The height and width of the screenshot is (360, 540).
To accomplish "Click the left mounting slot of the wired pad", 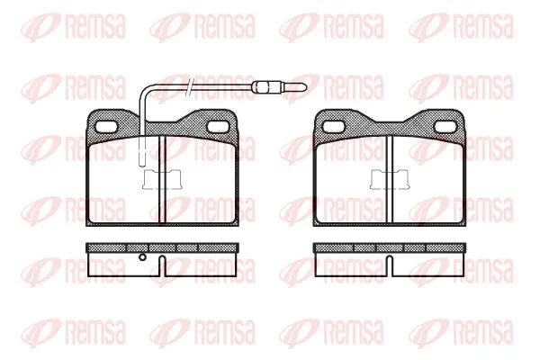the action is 106,127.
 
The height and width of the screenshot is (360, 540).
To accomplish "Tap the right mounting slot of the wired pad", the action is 219,127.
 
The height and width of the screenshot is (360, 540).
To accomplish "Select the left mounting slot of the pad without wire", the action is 334,127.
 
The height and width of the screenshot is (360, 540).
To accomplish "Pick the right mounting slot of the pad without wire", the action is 446,127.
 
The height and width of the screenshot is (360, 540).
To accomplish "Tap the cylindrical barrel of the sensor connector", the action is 264,86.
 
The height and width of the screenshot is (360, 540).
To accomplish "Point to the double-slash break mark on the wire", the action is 190,86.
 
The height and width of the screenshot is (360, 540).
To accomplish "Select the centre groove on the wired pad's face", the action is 162,179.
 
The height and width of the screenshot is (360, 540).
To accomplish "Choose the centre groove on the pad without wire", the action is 390,179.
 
